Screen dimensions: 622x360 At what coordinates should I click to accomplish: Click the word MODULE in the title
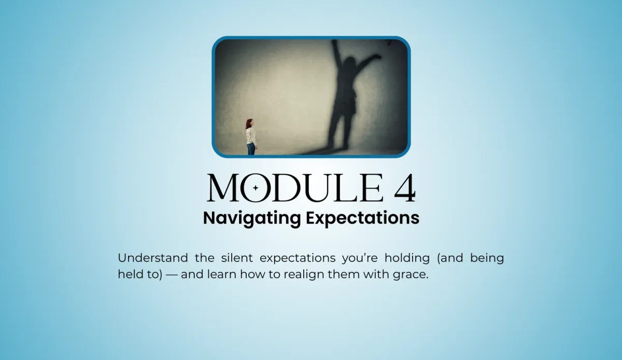pyautogui.click(x=295, y=188)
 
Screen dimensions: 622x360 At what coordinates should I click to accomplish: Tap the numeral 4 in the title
pyautogui.click(x=405, y=188)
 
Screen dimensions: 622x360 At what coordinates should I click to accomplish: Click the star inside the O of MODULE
pyautogui.click(x=256, y=188)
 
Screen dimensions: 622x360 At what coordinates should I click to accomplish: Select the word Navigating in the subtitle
pyautogui.click(x=252, y=218)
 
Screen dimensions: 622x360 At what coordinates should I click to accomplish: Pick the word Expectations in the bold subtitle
pyautogui.click(x=363, y=218)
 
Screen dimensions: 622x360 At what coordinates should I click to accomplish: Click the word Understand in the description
pyautogui.click(x=153, y=258)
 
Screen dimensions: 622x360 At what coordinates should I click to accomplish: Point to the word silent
pyautogui.click(x=237, y=258)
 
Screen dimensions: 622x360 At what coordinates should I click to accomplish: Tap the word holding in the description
pyautogui.click(x=407, y=258)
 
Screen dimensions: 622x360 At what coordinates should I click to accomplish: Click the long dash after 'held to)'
pyautogui.click(x=172, y=274)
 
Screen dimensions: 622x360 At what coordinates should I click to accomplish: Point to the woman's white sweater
pyautogui.click(x=251, y=136)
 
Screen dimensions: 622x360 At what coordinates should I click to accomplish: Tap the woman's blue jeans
pyautogui.click(x=251, y=149)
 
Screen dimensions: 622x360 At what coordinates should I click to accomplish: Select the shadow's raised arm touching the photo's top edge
pyautogui.click(x=336, y=53)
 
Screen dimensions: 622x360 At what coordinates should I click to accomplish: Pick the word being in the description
pyautogui.click(x=487, y=258)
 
